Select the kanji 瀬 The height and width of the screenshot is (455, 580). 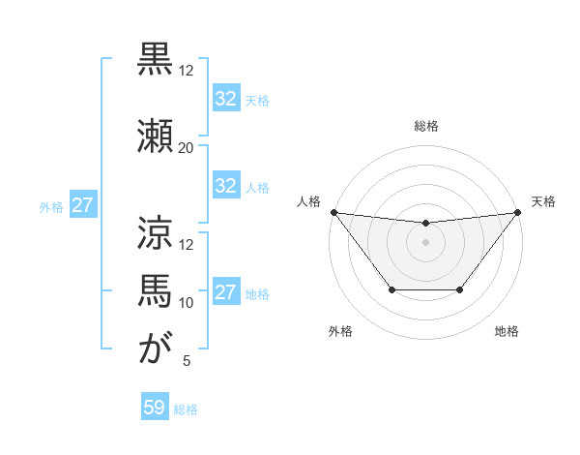[x=156, y=133]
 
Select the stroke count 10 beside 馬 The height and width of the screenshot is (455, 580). [x=187, y=303]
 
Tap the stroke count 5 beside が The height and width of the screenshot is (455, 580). [x=187, y=361]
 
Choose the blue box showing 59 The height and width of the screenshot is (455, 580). [x=155, y=408]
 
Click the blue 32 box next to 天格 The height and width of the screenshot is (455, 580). [x=226, y=99]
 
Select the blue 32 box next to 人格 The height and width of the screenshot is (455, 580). [x=226, y=186]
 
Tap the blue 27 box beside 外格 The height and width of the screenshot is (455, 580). [x=82, y=205]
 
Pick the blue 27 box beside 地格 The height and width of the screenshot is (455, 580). [x=226, y=292]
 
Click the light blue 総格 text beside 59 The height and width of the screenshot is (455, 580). [x=187, y=409]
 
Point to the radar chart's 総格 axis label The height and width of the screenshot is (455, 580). [x=425, y=126]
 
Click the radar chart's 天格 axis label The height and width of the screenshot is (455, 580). [x=543, y=201]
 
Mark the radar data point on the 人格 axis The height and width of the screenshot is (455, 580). [x=333, y=212]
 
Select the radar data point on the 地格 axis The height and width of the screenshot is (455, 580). [x=460, y=289]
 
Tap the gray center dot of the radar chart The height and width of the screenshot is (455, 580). [x=425, y=242]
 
